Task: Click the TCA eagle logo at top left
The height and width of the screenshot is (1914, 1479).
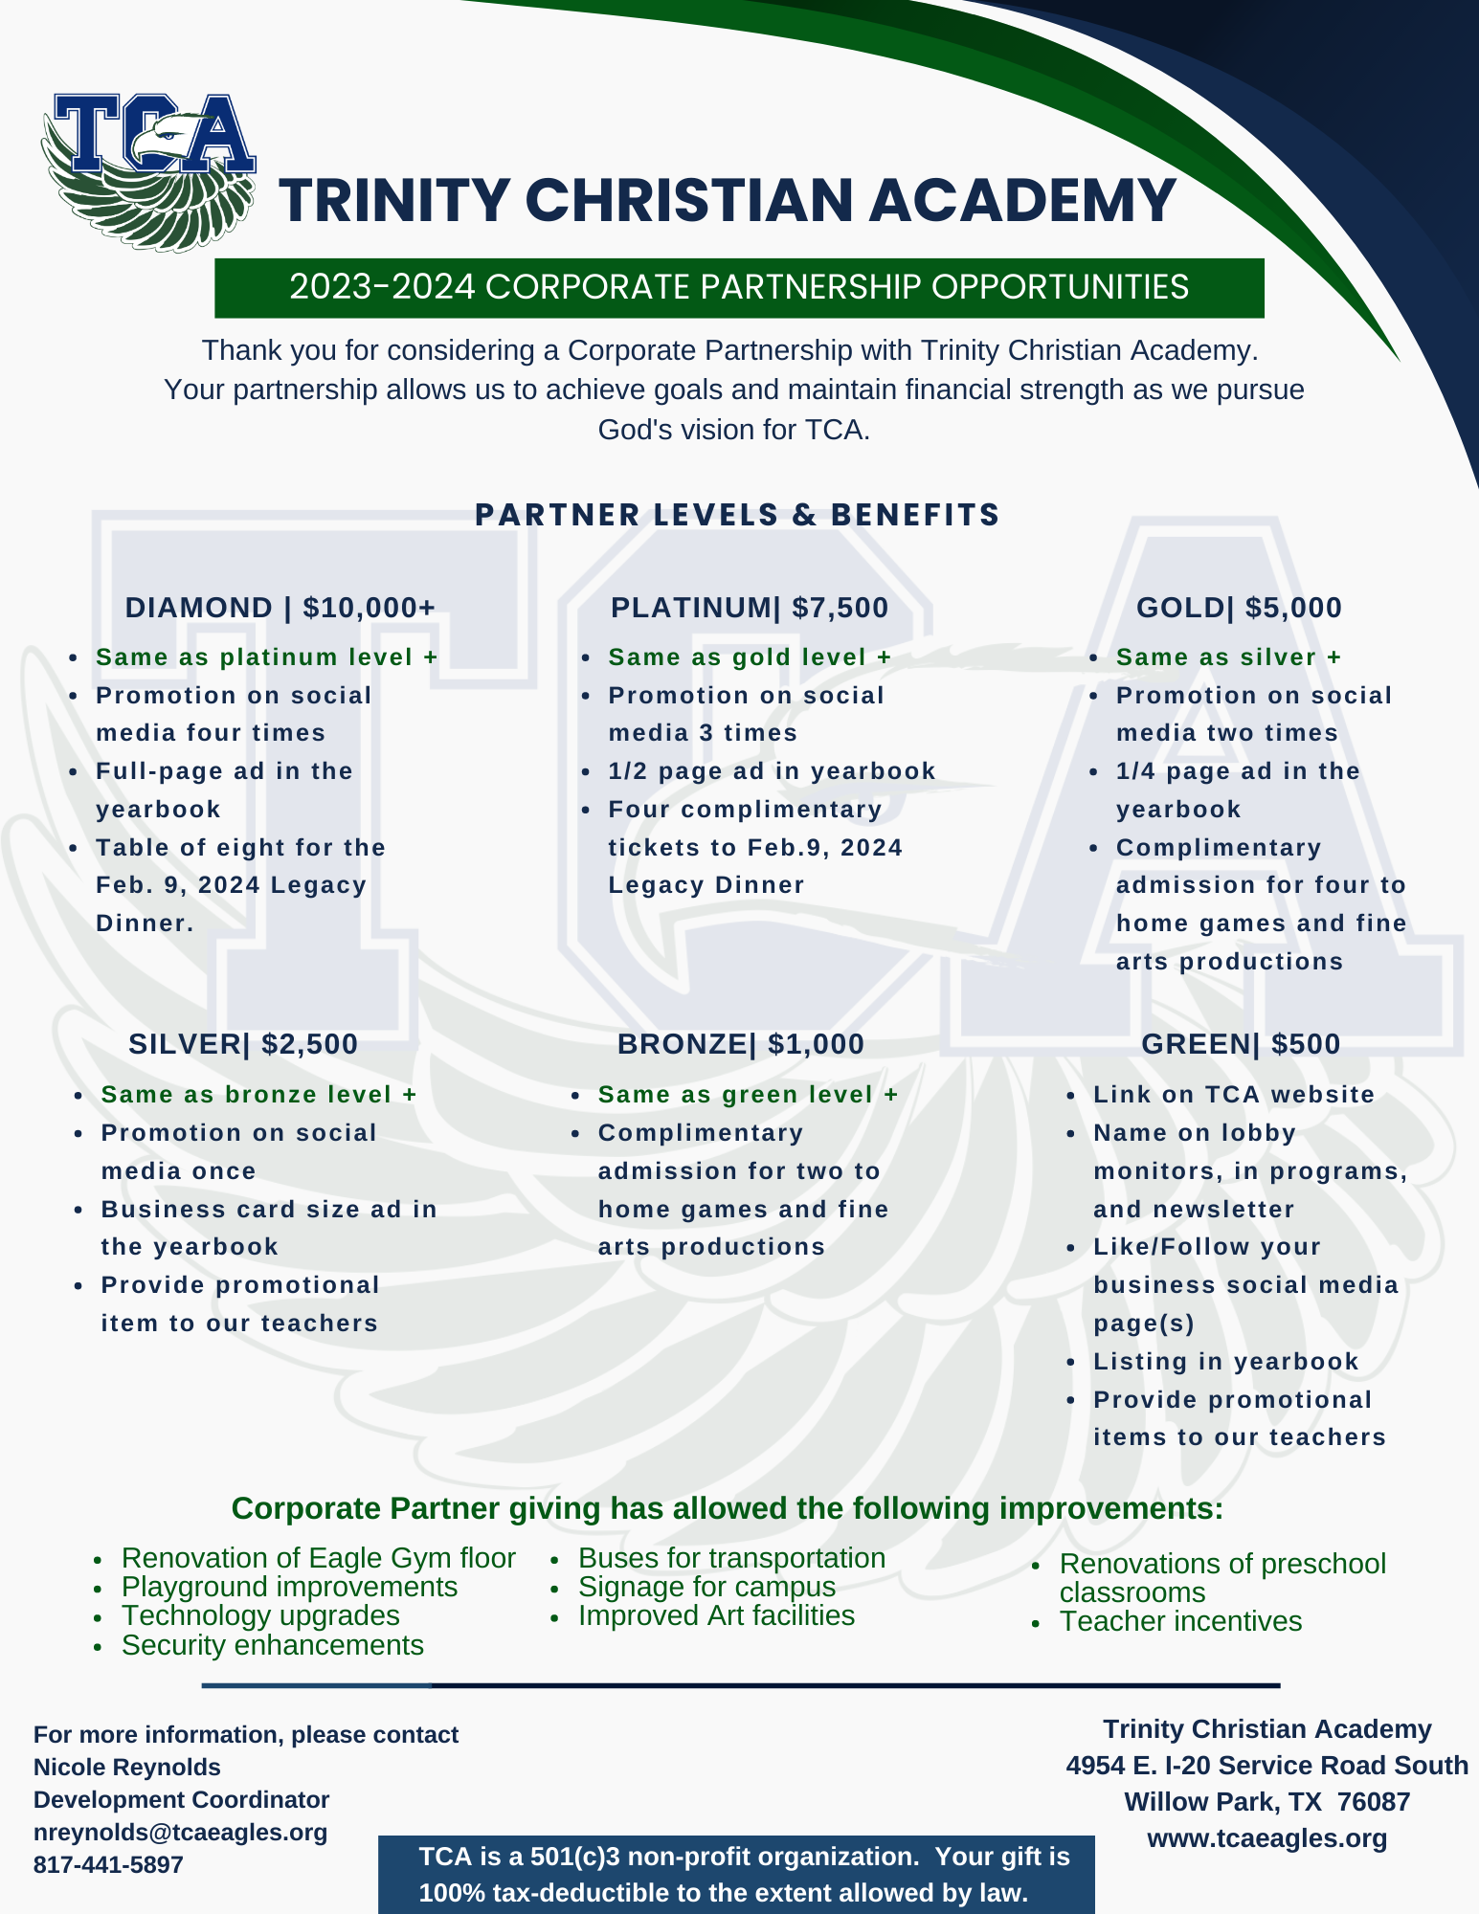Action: point(148,172)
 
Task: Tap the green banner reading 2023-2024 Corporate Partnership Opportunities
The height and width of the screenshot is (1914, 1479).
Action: point(739,287)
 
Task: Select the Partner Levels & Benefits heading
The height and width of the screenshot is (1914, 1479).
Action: point(737,515)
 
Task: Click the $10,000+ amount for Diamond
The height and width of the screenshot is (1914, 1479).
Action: point(370,608)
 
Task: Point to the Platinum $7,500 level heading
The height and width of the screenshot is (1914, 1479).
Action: point(750,608)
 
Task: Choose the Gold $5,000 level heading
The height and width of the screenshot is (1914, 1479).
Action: point(1239,608)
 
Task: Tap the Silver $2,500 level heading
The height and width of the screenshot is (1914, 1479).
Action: point(243,1044)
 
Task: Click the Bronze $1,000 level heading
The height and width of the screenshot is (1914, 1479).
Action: point(741,1044)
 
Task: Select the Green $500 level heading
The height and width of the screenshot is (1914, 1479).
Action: point(1241,1044)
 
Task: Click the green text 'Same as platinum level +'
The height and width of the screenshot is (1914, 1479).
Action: point(266,657)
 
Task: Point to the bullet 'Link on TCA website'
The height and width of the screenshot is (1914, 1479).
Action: point(1234,1095)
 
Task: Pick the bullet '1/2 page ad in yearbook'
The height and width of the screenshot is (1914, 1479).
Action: point(772,771)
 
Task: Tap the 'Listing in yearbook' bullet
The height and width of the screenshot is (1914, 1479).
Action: point(1225,1362)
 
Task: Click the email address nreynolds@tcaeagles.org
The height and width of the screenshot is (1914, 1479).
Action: point(181,1832)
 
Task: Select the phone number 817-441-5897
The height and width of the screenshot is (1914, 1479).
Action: point(108,1864)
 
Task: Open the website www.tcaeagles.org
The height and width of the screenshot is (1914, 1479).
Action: point(1267,1838)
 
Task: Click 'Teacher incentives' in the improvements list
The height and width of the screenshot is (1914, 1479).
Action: point(1180,1621)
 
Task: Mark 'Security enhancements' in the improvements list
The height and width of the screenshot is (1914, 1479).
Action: point(273,1645)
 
